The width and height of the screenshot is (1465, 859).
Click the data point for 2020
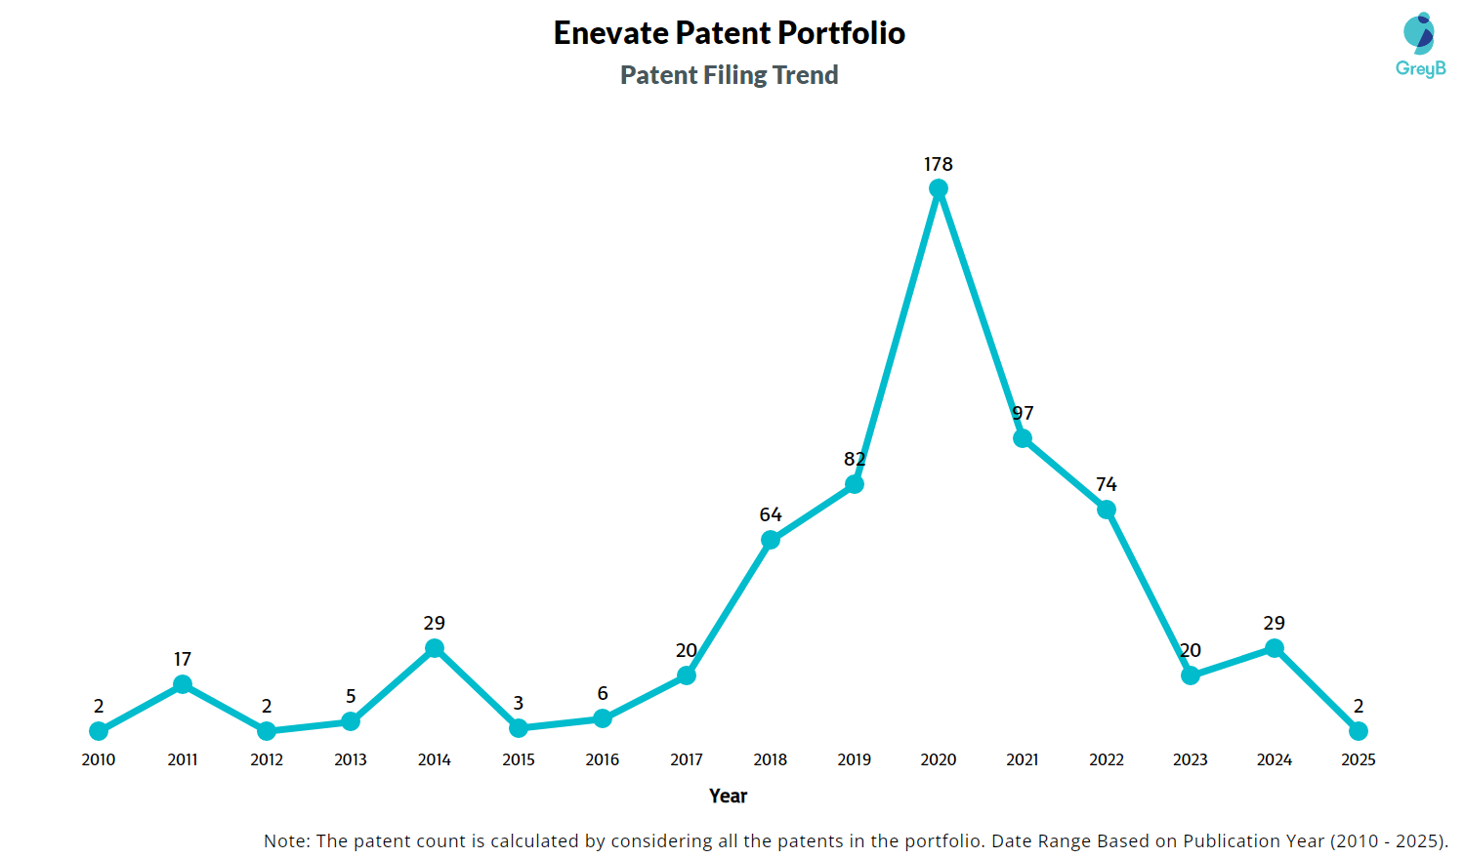(x=939, y=189)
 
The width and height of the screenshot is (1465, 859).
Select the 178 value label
(x=939, y=164)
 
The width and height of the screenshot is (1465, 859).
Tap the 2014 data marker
(x=435, y=648)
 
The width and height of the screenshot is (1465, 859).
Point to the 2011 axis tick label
(x=183, y=759)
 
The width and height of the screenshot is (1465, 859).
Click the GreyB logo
(x=1420, y=45)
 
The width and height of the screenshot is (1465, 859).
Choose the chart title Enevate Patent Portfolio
(x=729, y=33)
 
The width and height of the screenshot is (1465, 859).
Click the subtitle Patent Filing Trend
(x=729, y=75)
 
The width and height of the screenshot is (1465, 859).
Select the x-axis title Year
(x=729, y=796)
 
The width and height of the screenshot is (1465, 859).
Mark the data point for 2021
(x=1023, y=438)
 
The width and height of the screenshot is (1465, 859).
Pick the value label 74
(x=1107, y=484)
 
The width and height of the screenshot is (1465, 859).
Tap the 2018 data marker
(x=771, y=540)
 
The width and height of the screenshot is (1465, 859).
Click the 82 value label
(x=855, y=459)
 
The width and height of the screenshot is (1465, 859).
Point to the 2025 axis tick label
(x=1359, y=759)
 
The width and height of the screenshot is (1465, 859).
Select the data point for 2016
(x=603, y=718)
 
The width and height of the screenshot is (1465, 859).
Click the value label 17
(x=183, y=659)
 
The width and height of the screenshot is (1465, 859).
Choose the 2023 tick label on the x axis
(x=1191, y=759)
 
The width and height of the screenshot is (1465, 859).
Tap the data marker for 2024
(x=1275, y=648)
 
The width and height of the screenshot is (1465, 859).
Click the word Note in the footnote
(x=285, y=840)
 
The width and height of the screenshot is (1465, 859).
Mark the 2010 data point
(x=99, y=731)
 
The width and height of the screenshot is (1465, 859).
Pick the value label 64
(x=771, y=514)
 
